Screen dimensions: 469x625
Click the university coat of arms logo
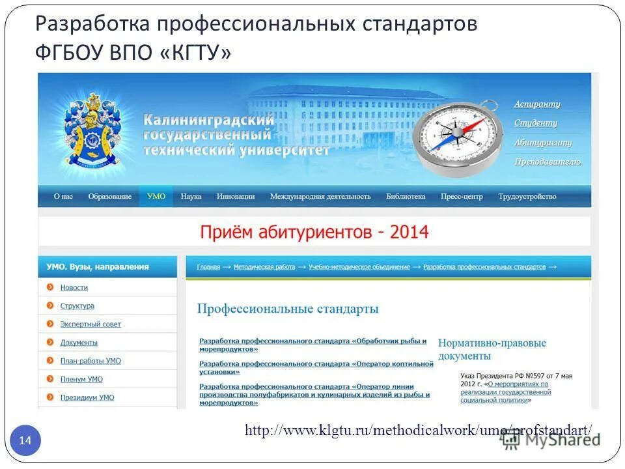91,130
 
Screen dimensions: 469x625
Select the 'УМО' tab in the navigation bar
156,196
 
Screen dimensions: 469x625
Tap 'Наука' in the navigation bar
191,196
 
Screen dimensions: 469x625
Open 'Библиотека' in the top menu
406,196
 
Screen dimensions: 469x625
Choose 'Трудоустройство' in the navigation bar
527,196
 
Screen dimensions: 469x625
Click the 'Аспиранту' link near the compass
537,104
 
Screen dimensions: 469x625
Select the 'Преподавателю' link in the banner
548,162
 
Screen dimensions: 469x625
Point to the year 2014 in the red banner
410,232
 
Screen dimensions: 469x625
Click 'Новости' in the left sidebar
74,287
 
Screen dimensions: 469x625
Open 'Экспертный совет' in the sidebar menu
90,324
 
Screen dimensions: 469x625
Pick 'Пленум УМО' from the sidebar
81,378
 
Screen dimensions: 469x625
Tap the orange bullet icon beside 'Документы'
49,342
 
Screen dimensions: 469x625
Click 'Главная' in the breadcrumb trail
208,267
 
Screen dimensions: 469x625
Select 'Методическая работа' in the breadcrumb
265,267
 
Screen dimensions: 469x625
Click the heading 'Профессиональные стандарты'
288,309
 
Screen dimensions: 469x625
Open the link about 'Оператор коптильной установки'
316,367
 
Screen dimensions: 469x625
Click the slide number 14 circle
25,441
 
